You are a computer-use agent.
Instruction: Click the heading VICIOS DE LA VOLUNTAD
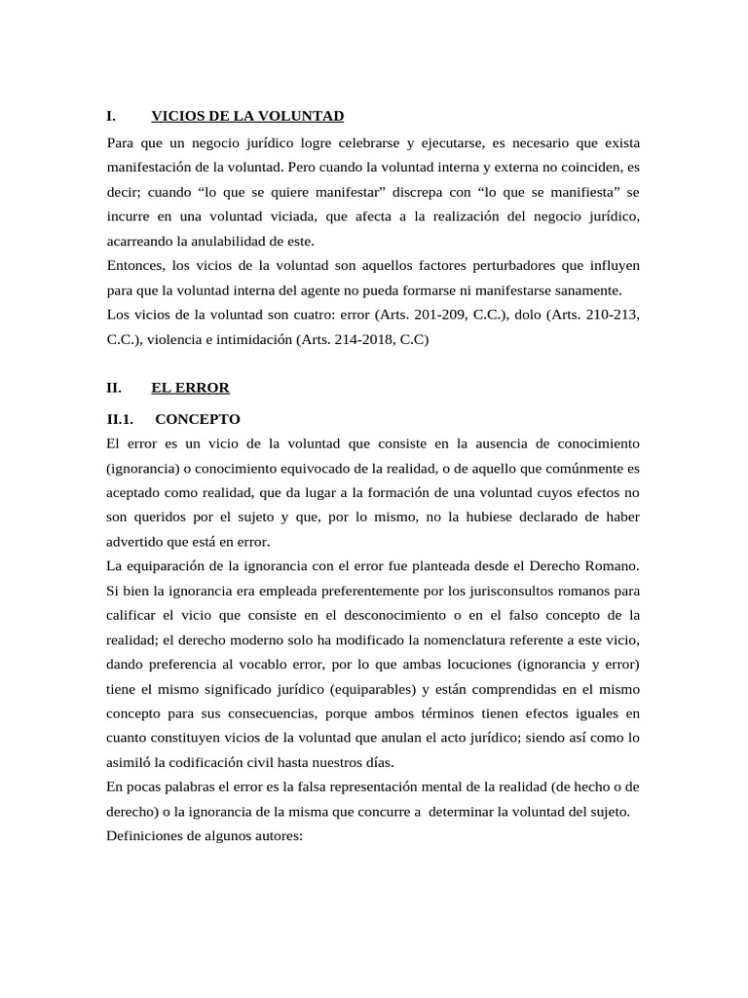click(247, 116)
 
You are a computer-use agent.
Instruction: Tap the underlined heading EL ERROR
click(190, 388)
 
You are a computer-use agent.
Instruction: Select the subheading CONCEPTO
click(197, 419)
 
